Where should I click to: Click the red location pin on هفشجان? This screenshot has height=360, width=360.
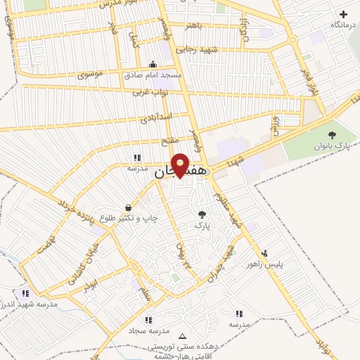[x=181, y=164]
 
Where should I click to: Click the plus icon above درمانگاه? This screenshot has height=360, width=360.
[x=343, y=14]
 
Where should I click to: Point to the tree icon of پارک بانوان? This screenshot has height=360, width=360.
[x=332, y=135]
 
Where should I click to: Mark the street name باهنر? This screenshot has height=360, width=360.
[x=193, y=26]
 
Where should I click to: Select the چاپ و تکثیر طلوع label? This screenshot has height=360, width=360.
[x=129, y=218]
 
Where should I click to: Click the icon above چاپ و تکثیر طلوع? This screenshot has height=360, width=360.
[x=128, y=207]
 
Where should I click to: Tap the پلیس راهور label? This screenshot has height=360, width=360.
[x=263, y=264]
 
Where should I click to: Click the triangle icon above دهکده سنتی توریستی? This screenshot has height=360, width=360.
[x=184, y=336]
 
